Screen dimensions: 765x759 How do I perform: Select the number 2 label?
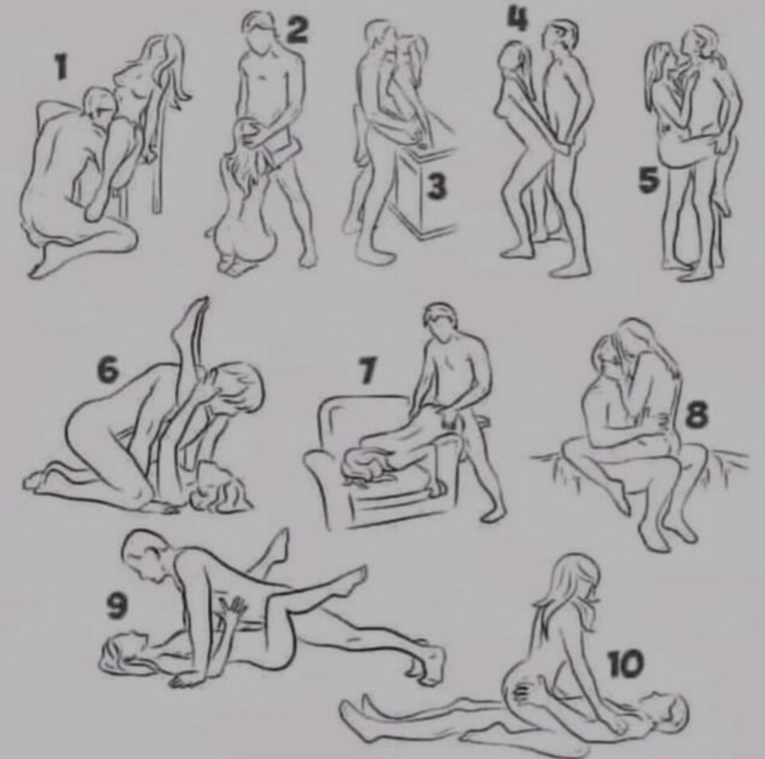(x=296, y=30)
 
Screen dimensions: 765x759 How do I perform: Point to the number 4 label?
(x=516, y=18)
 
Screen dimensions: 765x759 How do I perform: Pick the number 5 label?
(x=649, y=180)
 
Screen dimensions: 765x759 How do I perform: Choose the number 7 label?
(x=367, y=370)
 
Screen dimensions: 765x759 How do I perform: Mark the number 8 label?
(x=696, y=416)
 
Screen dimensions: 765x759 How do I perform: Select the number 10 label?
(x=626, y=664)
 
